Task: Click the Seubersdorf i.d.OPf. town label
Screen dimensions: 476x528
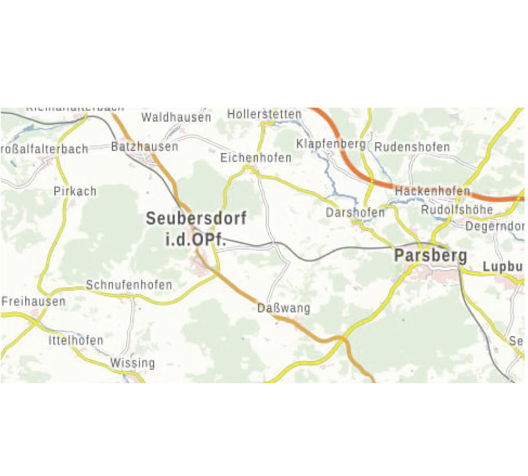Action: coord(196,229)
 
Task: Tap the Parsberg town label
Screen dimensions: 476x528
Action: coord(431,256)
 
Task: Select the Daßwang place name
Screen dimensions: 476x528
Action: coord(284,309)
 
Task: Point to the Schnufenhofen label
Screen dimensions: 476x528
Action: coord(129,284)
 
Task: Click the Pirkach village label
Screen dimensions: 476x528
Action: coord(75,191)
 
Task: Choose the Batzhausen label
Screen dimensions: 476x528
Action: coord(144,147)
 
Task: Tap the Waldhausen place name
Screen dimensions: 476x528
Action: coord(176,118)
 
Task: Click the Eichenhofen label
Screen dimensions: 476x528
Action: coord(256,157)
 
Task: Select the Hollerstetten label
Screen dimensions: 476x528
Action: coord(264,114)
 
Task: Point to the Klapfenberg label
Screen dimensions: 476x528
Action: coord(331,143)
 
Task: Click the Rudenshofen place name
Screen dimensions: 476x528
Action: coord(412,147)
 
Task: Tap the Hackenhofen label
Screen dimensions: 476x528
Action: coord(433,191)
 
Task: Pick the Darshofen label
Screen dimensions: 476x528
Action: coord(355,212)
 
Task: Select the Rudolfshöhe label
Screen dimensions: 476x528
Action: coord(457,210)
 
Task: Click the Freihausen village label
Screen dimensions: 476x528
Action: coord(33,301)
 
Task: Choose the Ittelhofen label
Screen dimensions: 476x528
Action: coord(76,340)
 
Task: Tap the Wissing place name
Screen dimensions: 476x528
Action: coord(132,363)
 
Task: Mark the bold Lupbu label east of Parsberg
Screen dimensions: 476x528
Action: coord(503,267)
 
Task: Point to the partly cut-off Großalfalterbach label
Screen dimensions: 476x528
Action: coord(45,149)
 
